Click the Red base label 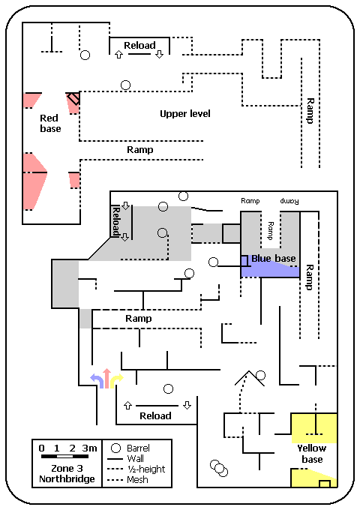(50, 123)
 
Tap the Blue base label (274, 259)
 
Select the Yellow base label (312, 454)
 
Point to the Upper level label (185, 113)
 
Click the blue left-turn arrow (97, 381)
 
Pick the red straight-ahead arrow (106, 378)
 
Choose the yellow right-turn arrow (116, 381)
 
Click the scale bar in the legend (64, 456)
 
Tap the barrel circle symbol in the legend (115, 448)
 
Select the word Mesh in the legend (137, 480)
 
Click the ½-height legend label (146, 469)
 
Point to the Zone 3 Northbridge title (67, 473)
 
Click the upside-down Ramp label (289, 201)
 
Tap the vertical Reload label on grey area (115, 221)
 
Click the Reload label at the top (139, 45)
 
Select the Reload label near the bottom (155, 415)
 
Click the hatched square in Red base (73, 98)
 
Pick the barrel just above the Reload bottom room (168, 388)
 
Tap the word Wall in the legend (135, 458)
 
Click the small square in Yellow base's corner (325, 484)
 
